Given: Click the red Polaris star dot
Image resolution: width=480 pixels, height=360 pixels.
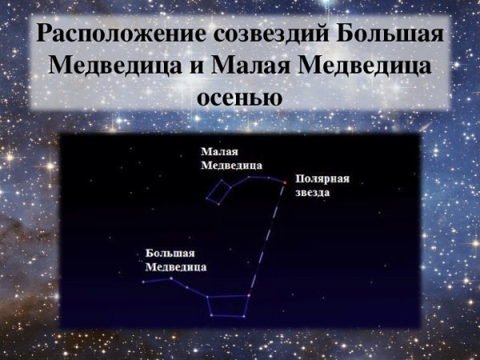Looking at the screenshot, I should click(283, 182).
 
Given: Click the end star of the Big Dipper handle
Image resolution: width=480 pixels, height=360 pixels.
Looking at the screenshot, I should click(144, 282).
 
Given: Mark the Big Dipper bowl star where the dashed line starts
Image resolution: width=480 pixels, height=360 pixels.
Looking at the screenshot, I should click(250, 295).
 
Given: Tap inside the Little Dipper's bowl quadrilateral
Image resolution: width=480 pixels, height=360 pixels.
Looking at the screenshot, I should click(218, 193).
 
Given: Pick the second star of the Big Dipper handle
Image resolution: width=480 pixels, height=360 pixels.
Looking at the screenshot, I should click(171, 278).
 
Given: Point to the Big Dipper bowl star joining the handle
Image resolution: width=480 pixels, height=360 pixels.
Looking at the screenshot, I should click(206, 297).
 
